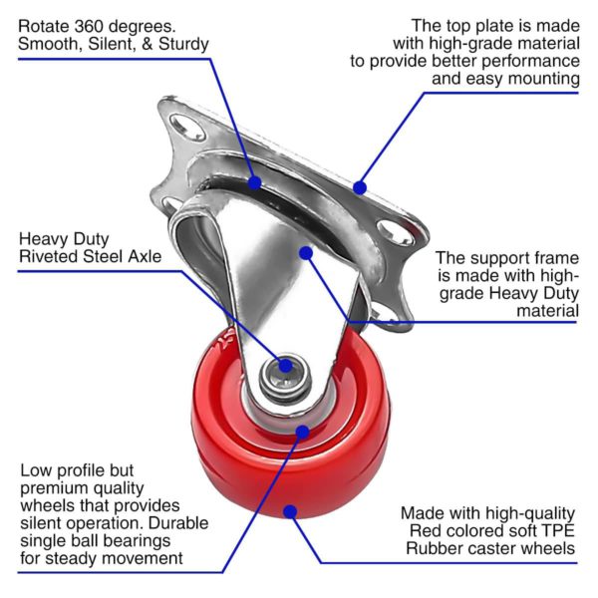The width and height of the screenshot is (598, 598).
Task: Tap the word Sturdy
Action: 183,44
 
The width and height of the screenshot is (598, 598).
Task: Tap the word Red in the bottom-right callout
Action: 425,531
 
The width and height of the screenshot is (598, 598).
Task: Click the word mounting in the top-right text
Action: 544,80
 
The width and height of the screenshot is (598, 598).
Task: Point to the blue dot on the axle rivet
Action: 286,366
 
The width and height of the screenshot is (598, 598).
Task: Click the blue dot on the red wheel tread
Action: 291,512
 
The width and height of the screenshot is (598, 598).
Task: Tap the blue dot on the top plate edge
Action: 360,187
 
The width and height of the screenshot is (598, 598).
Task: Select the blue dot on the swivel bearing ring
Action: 255,182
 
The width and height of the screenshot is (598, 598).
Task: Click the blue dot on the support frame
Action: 306,253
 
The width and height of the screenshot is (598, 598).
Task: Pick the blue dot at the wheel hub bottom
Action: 302,433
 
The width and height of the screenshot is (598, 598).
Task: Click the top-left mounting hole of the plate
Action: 187,127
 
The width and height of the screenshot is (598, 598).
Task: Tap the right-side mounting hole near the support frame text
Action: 395,232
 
